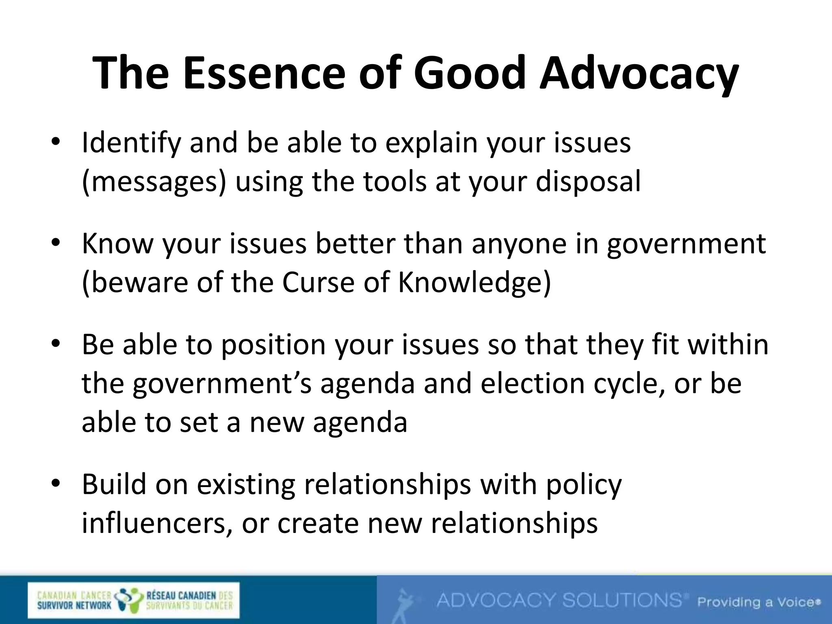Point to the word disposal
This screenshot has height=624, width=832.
tap(588, 182)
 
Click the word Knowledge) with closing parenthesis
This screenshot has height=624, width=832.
tap(474, 282)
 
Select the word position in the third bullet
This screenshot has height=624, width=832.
tap(273, 344)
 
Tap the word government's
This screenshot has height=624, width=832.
tap(222, 383)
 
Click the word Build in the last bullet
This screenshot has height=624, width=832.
tap(114, 484)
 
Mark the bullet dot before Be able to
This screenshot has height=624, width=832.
tap(56, 344)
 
